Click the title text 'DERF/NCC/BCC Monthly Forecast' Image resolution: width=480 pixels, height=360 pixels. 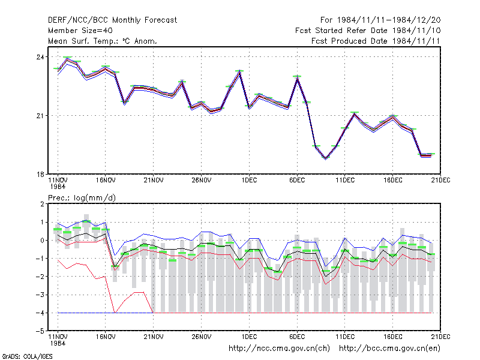coord(112,20)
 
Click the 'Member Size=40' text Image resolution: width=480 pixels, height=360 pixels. coord(80,31)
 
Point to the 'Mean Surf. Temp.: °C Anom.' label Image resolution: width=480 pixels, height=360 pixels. coord(103,41)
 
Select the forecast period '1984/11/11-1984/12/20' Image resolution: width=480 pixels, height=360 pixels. coord(389,20)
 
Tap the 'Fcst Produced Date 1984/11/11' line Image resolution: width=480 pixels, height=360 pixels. coord(376,41)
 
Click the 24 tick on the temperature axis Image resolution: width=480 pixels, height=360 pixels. coord(40,57)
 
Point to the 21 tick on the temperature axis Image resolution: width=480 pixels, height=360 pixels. coord(40,116)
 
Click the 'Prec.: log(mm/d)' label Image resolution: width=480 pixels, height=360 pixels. coord(82,198)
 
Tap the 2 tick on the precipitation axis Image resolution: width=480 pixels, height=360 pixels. coord(42,204)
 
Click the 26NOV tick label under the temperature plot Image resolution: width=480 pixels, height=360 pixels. coord(202,181)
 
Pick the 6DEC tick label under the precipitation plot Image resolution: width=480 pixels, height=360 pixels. coord(297,337)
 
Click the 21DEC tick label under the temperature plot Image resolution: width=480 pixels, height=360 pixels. coord(440,181)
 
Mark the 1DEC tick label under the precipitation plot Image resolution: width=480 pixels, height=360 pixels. coord(249,337)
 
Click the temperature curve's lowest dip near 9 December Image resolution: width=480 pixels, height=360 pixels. coord(326,158)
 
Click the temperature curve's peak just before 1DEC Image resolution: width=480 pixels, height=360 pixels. coord(239,71)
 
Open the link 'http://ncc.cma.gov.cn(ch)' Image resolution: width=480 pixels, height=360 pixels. coord(279,349)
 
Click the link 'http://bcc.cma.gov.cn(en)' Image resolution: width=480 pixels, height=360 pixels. coord(389,349)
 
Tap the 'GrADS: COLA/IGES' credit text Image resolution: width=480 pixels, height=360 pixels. coord(27,356)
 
